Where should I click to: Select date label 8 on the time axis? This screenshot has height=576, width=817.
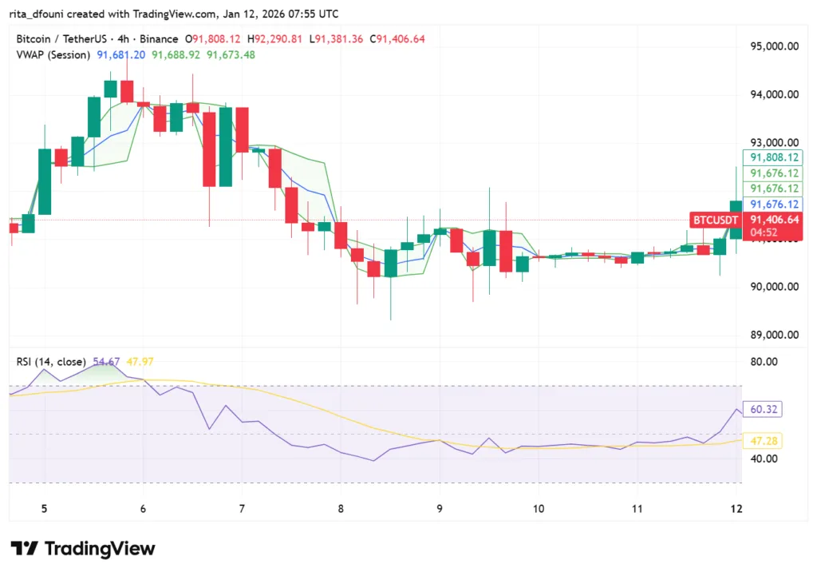pos(341,509)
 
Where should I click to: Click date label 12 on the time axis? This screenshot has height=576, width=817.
pos(736,509)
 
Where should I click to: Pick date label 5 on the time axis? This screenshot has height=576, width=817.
pos(45,509)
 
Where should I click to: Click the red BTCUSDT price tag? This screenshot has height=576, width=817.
pos(715,219)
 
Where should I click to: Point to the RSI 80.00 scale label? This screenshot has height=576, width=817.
pos(766,361)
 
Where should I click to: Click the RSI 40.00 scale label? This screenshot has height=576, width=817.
pos(766,459)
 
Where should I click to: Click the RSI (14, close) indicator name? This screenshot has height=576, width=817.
pos(52,361)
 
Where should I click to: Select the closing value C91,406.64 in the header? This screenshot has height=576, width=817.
pos(401,38)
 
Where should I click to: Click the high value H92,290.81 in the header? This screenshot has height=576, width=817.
pos(275,38)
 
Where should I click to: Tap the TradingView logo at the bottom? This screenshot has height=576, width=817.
pos(83,549)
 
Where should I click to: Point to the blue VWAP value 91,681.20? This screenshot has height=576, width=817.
pos(121,54)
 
